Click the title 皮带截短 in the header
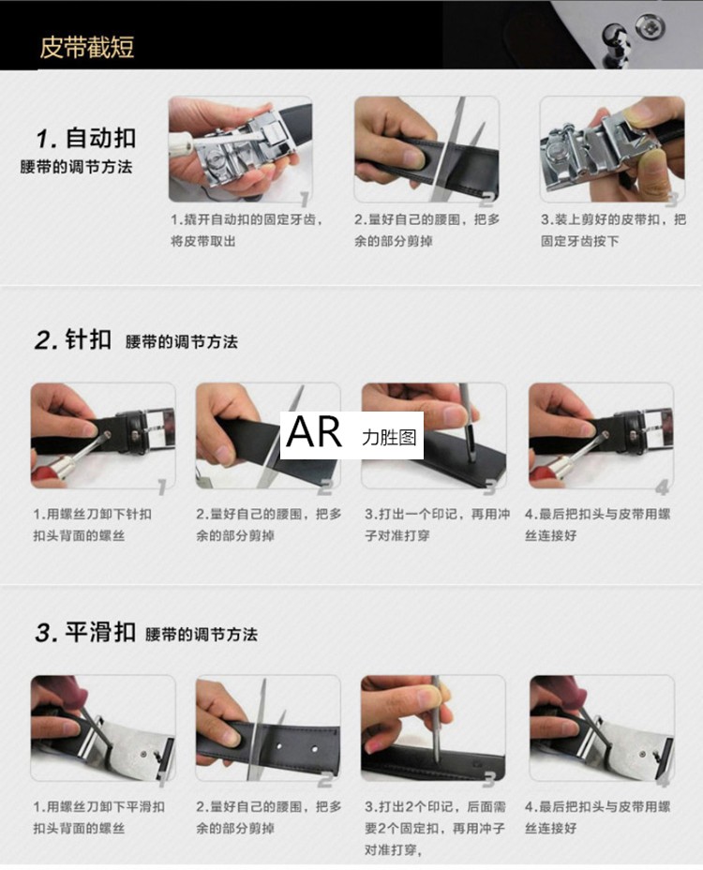click(x=86, y=47)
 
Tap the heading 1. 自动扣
click(x=86, y=138)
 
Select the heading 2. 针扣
click(x=73, y=339)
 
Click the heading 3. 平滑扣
click(x=85, y=632)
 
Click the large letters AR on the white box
click(x=314, y=432)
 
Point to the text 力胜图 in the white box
click(x=389, y=437)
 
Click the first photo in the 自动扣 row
click(x=240, y=149)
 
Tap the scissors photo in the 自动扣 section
click(x=426, y=149)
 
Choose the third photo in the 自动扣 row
click(x=612, y=149)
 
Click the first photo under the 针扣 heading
click(x=103, y=436)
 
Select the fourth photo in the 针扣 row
click(x=601, y=436)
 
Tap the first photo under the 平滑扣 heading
click(x=103, y=727)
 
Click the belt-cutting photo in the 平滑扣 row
click(x=268, y=727)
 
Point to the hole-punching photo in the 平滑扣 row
click(x=433, y=727)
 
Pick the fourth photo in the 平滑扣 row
click(x=602, y=727)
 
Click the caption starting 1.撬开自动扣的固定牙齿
click(x=247, y=231)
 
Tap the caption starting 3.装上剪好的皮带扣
click(x=613, y=231)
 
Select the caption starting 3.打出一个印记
click(x=437, y=525)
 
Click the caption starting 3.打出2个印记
click(x=436, y=828)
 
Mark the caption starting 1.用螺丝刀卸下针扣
click(x=92, y=525)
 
